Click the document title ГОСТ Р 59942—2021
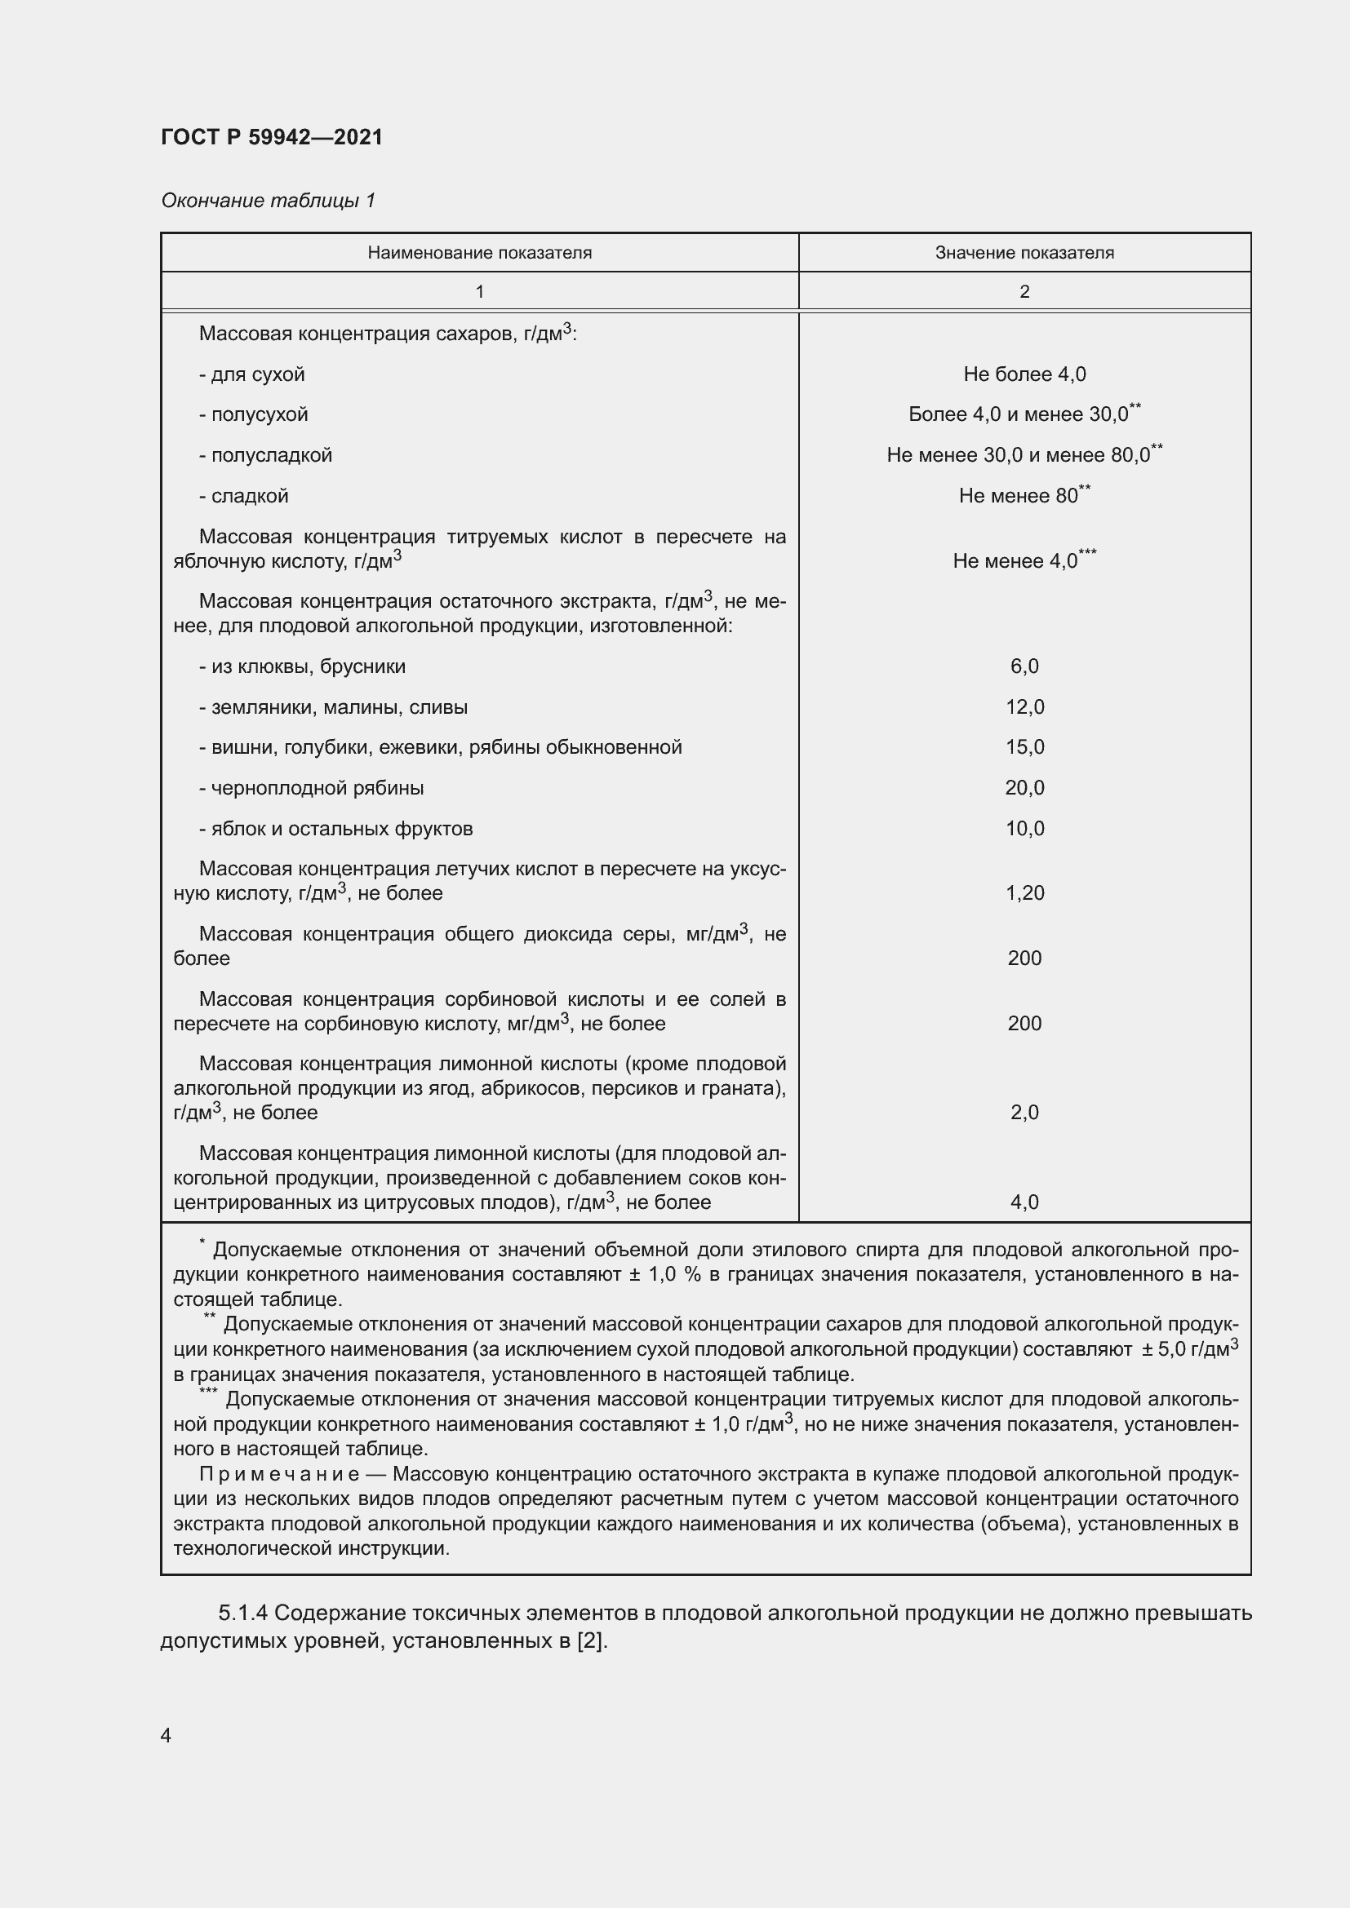click(x=272, y=137)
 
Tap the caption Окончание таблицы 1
click(x=268, y=201)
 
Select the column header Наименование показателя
click(x=480, y=253)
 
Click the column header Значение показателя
click(x=1024, y=253)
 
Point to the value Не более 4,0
click(x=1024, y=374)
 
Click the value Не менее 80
click(x=1019, y=496)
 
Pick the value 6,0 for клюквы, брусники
click(x=1024, y=666)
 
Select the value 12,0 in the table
click(x=1024, y=707)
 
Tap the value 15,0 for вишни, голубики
click(x=1024, y=747)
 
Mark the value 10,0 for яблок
click(x=1024, y=829)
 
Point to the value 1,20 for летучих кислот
click(x=1024, y=893)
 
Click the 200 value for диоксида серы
click(x=1024, y=958)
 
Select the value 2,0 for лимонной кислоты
click(x=1024, y=1113)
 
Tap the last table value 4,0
click(x=1024, y=1202)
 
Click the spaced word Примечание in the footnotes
click(x=279, y=1473)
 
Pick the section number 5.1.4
click(x=242, y=1613)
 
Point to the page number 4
click(x=167, y=1736)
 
